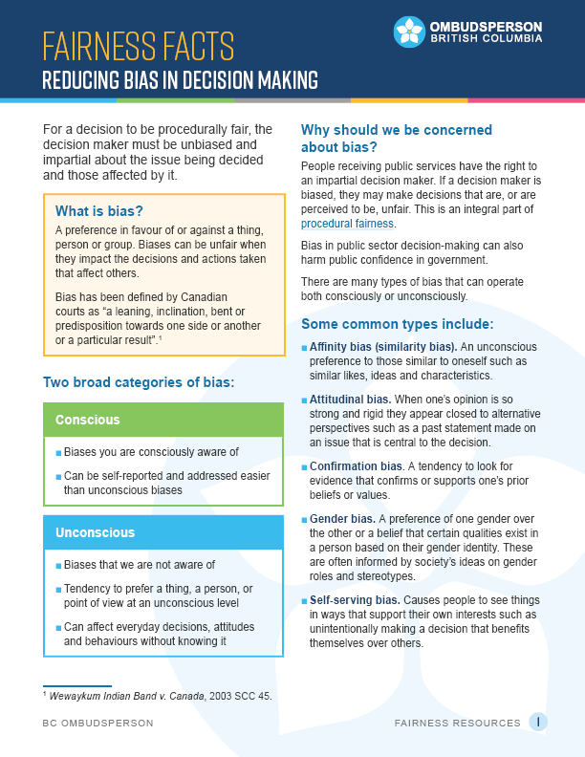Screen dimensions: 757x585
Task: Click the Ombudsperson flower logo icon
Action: point(409,31)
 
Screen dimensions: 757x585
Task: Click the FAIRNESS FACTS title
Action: point(139,45)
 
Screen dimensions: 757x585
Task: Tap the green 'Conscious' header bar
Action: point(163,420)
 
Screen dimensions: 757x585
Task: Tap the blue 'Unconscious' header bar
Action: point(163,532)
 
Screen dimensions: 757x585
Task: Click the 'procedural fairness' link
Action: point(347,224)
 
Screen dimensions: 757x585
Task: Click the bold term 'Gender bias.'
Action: point(341,519)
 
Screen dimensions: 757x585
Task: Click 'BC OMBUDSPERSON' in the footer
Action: point(97,724)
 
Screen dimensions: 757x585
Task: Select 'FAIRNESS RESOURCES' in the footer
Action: point(458,724)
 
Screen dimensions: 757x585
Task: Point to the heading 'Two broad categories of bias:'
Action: point(139,383)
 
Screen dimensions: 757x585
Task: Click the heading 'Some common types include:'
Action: point(397,324)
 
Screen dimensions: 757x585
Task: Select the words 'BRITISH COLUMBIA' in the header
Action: point(487,39)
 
